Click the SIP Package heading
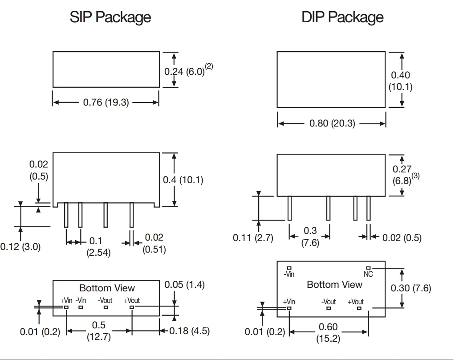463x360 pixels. (x=110, y=17)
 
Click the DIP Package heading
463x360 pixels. (x=342, y=17)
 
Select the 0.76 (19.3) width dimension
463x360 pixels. (x=106, y=102)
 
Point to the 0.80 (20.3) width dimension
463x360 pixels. (x=332, y=123)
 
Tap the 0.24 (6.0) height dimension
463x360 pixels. (x=184, y=71)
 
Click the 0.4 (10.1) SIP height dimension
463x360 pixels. (x=183, y=180)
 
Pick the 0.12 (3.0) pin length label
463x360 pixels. (x=20, y=246)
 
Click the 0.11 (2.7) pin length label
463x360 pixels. (x=253, y=238)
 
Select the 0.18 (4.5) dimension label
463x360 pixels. (x=190, y=331)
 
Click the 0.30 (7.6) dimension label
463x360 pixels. (x=411, y=288)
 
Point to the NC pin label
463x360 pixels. (x=368, y=274)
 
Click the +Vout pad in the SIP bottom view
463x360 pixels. (x=132, y=307)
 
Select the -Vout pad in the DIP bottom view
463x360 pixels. (x=329, y=308)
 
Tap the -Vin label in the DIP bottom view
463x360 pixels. (x=289, y=274)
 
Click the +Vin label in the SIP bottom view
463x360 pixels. (x=66, y=300)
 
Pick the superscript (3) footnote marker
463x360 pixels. (x=415, y=176)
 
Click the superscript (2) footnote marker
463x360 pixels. (x=209, y=67)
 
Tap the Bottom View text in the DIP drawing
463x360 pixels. (x=334, y=284)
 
